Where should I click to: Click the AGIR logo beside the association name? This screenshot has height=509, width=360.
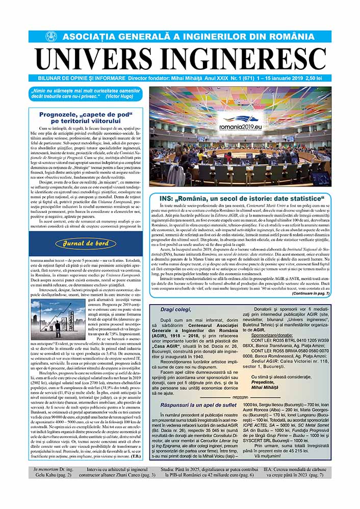pos(50,37)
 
